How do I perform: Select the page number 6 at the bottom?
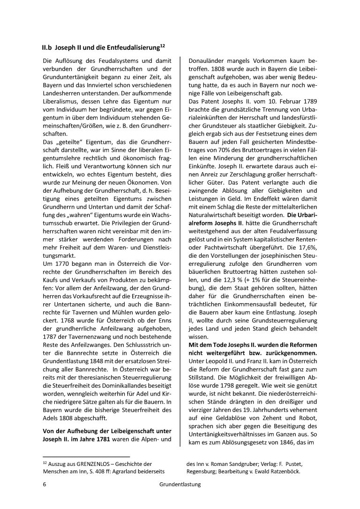coord(44,485)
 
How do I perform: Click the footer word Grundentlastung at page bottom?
coord(180,485)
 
